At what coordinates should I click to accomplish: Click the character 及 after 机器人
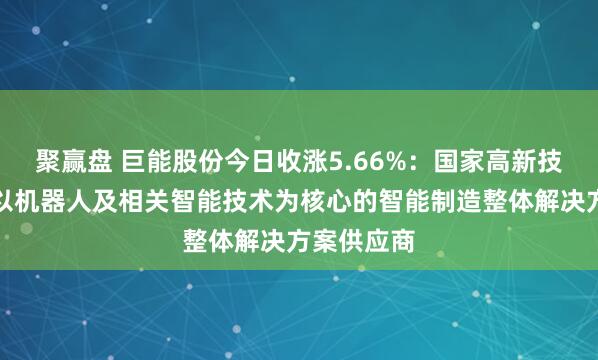(100, 187)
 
